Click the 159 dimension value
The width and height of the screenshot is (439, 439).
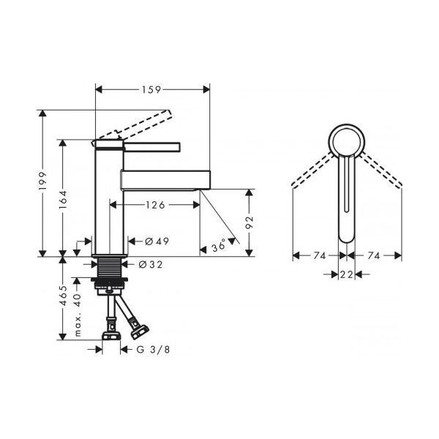(x=151, y=89)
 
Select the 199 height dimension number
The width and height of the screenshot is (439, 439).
(x=43, y=181)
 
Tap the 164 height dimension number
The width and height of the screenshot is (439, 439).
(x=63, y=200)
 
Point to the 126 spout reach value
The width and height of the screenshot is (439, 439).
(x=155, y=205)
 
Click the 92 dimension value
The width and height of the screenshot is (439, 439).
(x=249, y=222)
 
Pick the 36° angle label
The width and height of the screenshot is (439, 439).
(x=219, y=247)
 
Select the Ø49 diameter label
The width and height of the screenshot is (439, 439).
(x=157, y=241)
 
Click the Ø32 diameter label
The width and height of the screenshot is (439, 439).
(x=151, y=264)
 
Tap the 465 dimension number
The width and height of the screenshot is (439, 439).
(x=63, y=296)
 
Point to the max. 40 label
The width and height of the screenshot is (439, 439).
(x=78, y=315)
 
